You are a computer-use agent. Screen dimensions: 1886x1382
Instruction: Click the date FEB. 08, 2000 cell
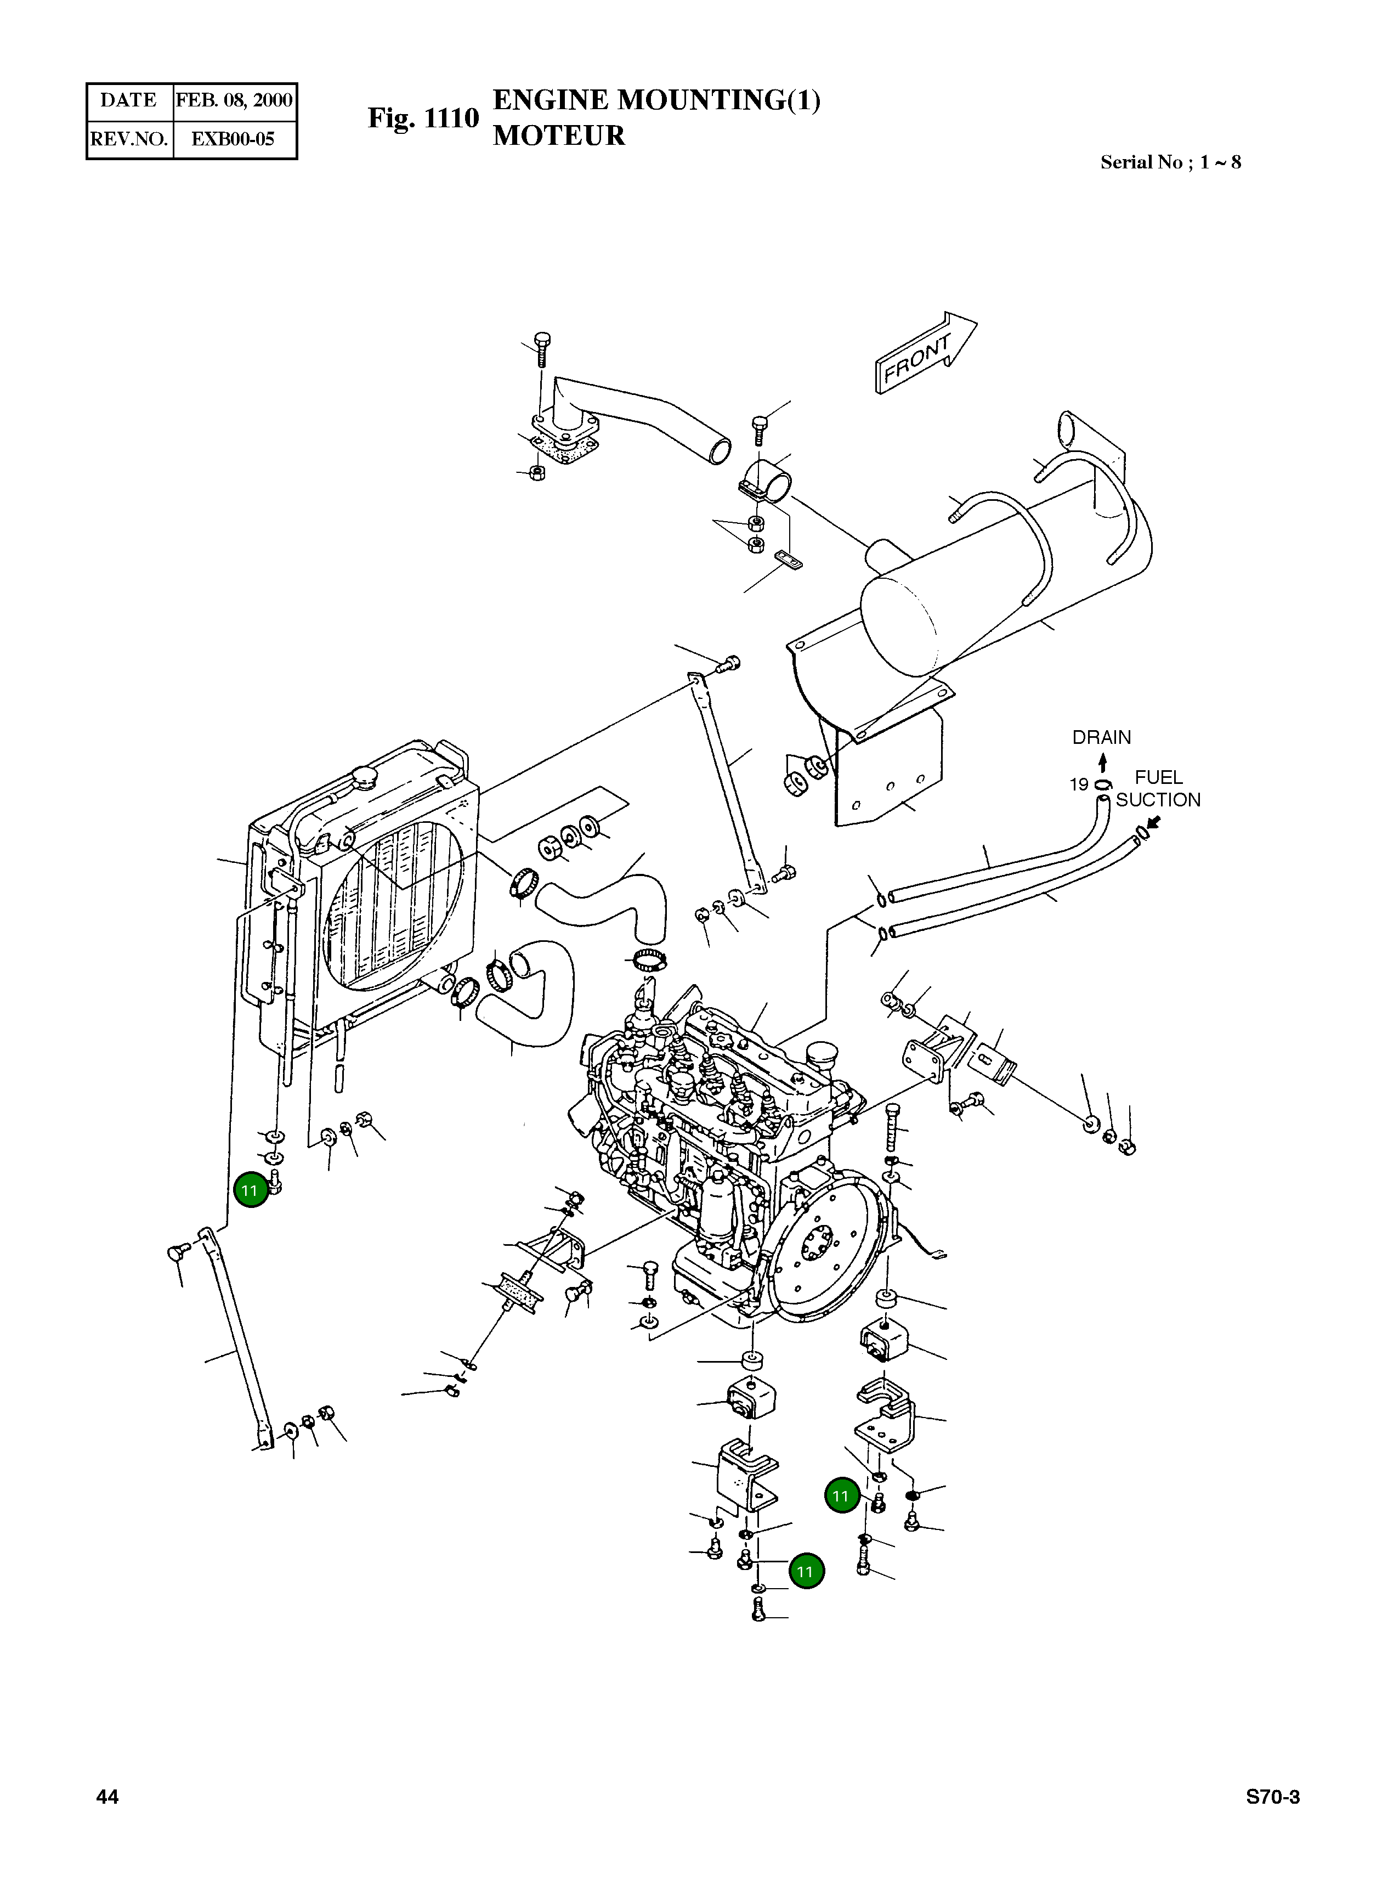click(234, 100)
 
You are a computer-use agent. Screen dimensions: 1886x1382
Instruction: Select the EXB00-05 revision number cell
click(234, 139)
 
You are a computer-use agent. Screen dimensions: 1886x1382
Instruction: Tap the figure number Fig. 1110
click(423, 118)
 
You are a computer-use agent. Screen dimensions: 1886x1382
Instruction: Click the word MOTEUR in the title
click(559, 135)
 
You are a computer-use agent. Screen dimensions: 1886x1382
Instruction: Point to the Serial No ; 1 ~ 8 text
click(1170, 162)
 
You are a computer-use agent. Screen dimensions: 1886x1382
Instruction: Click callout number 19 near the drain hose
click(1078, 784)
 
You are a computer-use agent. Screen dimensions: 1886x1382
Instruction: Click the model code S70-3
click(1272, 1797)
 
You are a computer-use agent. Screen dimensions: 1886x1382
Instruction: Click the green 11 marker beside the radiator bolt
click(250, 1190)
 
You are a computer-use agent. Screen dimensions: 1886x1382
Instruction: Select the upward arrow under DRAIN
click(1103, 761)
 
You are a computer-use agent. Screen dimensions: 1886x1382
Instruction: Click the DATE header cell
click(129, 100)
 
